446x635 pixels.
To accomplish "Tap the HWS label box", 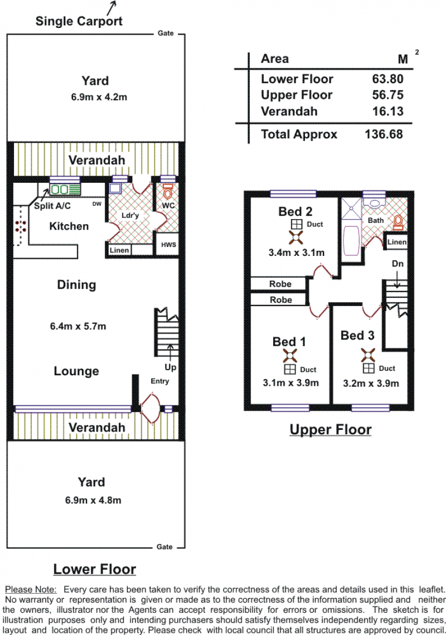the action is point(168,244).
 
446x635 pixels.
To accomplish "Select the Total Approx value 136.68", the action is point(384,134).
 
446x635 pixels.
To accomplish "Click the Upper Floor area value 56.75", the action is point(387,95).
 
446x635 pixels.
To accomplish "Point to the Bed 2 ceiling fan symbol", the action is point(296,237).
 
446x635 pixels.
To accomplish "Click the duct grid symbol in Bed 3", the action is point(368,368).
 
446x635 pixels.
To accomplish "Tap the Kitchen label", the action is point(69,226).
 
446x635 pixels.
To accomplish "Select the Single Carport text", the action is point(79,21).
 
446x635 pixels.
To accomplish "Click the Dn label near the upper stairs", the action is point(397,264).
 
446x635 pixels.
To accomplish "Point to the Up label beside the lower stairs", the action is point(170,367).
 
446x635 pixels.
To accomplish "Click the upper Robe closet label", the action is point(280,284).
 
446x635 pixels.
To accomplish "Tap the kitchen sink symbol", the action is point(65,189).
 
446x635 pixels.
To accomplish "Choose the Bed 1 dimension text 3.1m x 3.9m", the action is point(290,382).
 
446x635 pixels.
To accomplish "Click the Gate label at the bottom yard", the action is point(164,547).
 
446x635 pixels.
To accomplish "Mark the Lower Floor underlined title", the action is point(95,569).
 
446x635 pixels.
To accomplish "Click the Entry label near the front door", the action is point(159,381).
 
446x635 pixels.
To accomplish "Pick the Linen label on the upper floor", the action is point(396,242).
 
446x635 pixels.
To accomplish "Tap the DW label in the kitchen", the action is point(97,203).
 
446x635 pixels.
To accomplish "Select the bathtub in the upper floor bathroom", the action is point(351,240).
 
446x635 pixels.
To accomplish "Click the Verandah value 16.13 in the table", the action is point(387,112).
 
